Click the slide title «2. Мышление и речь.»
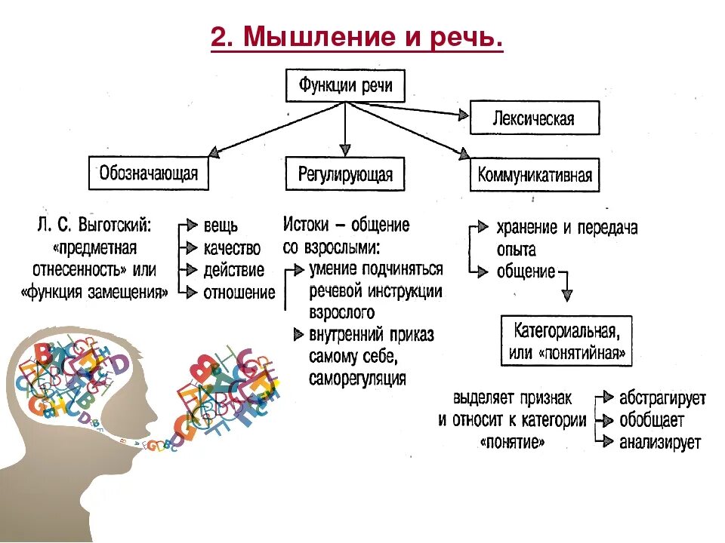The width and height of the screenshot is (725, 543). pyautogui.click(x=356, y=38)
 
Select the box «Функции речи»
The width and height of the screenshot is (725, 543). pyautogui.click(x=345, y=85)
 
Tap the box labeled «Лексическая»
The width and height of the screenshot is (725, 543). pyautogui.click(x=534, y=118)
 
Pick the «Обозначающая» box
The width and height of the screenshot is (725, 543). pyautogui.click(x=149, y=173)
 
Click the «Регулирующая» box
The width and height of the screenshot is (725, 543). pyautogui.click(x=345, y=175)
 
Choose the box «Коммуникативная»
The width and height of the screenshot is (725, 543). pyautogui.click(x=535, y=176)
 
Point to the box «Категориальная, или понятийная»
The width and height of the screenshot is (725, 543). pyautogui.click(x=566, y=341)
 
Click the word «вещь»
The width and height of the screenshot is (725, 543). pyautogui.click(x=221, y=225)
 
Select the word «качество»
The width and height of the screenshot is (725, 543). pyautogui.click(x=232, y=248)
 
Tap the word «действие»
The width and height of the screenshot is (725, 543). pyautogui.click(x=234, y=270)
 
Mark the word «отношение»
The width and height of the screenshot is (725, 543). pyautogui.click(x=239, y=293)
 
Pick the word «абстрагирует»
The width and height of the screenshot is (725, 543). pyautogui.click(x=662, y=397)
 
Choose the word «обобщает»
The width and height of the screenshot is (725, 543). pyautogui.click(x=652, y=420)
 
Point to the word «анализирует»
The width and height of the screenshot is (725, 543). pyautogui.click(x=660, y=443)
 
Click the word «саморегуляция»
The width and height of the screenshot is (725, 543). pyautogui.click(x=357, y=378)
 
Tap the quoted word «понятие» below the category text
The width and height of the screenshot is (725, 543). pyautogui.click(x=513, y=443)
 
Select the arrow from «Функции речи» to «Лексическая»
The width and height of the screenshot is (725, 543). pyautogui.click(x=408, y=110)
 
